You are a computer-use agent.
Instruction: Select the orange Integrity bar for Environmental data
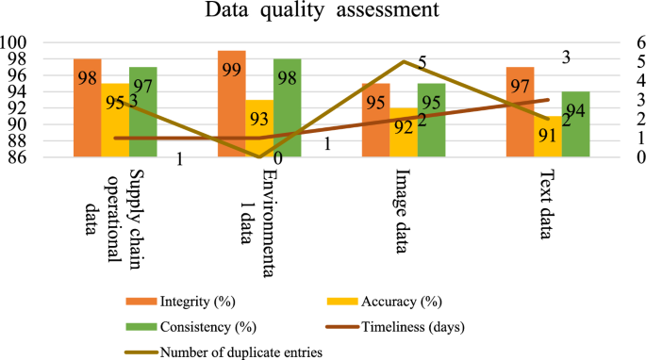[232, 104]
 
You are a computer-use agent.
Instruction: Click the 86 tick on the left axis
[22, 157]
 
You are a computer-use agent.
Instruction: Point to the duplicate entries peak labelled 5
[404, 62]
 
